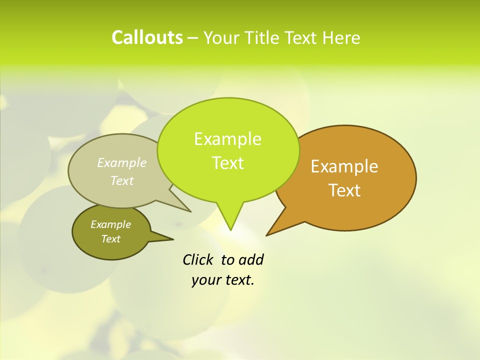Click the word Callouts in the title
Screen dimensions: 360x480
pyautogui.click(x=147, y=37)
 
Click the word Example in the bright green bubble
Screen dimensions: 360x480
pyautogui.click(x=227, y=139)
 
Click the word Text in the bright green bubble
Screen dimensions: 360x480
pyautogui.click(x=228, y=163)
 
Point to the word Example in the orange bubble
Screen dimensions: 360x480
pyautogui.click(x=344, y=166)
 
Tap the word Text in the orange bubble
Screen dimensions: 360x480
pyautogui.click(x=345, y=190)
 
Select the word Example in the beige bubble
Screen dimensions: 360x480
pyautogui.click(x=122, y=162)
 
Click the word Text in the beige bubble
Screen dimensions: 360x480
pyautogui.click(x=122, y=180)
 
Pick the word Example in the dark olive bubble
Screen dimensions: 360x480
pyautogui.click(x=110, y=224)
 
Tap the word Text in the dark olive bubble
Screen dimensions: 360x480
pyautogui.click(x=111, y=239)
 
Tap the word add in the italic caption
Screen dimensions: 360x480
pyautogui.click(x=251, y=259)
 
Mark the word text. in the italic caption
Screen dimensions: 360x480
pyautogui.click(x=238, y=280)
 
